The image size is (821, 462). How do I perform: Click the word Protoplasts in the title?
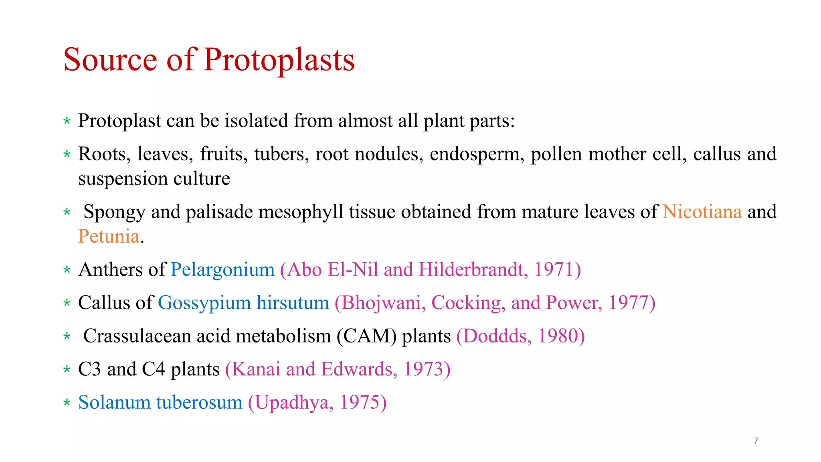pos(279,60)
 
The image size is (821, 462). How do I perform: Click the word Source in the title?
pos(110,60)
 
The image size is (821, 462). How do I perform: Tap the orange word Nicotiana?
pos(702,212)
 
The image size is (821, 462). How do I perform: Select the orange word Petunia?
pos(109,236)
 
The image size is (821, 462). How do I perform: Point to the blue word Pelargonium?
pos(222,269)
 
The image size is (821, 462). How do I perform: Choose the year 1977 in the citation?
pos(628,303)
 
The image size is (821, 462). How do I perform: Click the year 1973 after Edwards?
pos(423,369)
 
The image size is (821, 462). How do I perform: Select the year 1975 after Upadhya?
pos(359,403)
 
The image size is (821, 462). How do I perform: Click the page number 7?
pos(756,441)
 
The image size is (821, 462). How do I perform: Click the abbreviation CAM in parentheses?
pos(366,336)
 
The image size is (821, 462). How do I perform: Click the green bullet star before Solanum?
pos(67,403)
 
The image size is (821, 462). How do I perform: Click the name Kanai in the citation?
pos(256,369)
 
